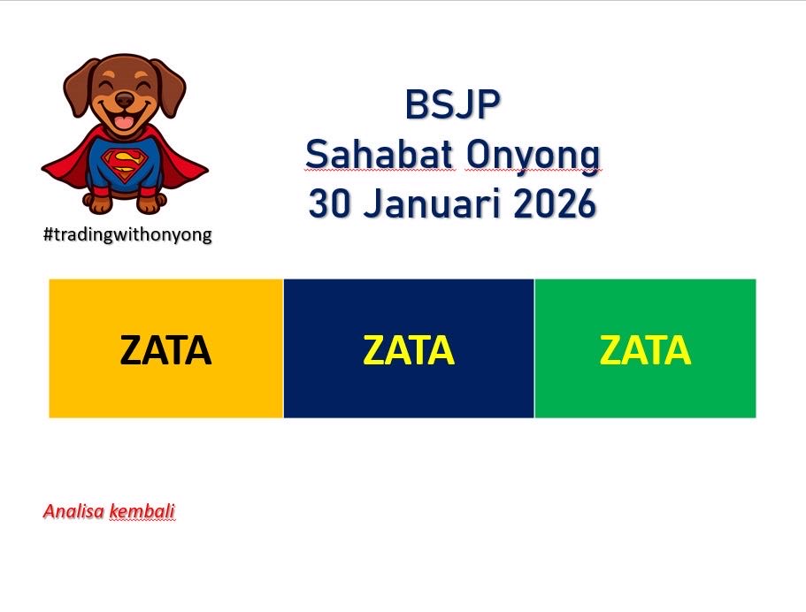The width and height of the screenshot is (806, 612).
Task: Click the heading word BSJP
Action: [452, 104]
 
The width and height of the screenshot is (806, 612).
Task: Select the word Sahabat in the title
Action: [380, 154]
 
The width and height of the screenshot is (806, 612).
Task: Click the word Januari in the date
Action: [431, 203]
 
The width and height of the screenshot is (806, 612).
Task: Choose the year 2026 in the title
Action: [555, 203]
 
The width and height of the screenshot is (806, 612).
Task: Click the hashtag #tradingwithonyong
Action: [127, 235]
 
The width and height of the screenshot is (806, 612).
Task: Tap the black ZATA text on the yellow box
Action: [165, 350]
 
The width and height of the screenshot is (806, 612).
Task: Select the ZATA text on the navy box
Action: [409, 350]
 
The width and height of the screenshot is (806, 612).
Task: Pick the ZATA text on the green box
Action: [645, 350]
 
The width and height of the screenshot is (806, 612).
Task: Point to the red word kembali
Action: [142, 511]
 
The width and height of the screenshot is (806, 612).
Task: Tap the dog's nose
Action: [125, 100]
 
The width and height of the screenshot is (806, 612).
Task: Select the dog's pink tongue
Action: [123, 122]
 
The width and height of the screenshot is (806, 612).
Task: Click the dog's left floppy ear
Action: [78, 88]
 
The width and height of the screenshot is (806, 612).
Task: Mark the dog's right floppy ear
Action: [171, 88]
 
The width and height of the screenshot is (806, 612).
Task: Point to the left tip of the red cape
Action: [42, 167]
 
